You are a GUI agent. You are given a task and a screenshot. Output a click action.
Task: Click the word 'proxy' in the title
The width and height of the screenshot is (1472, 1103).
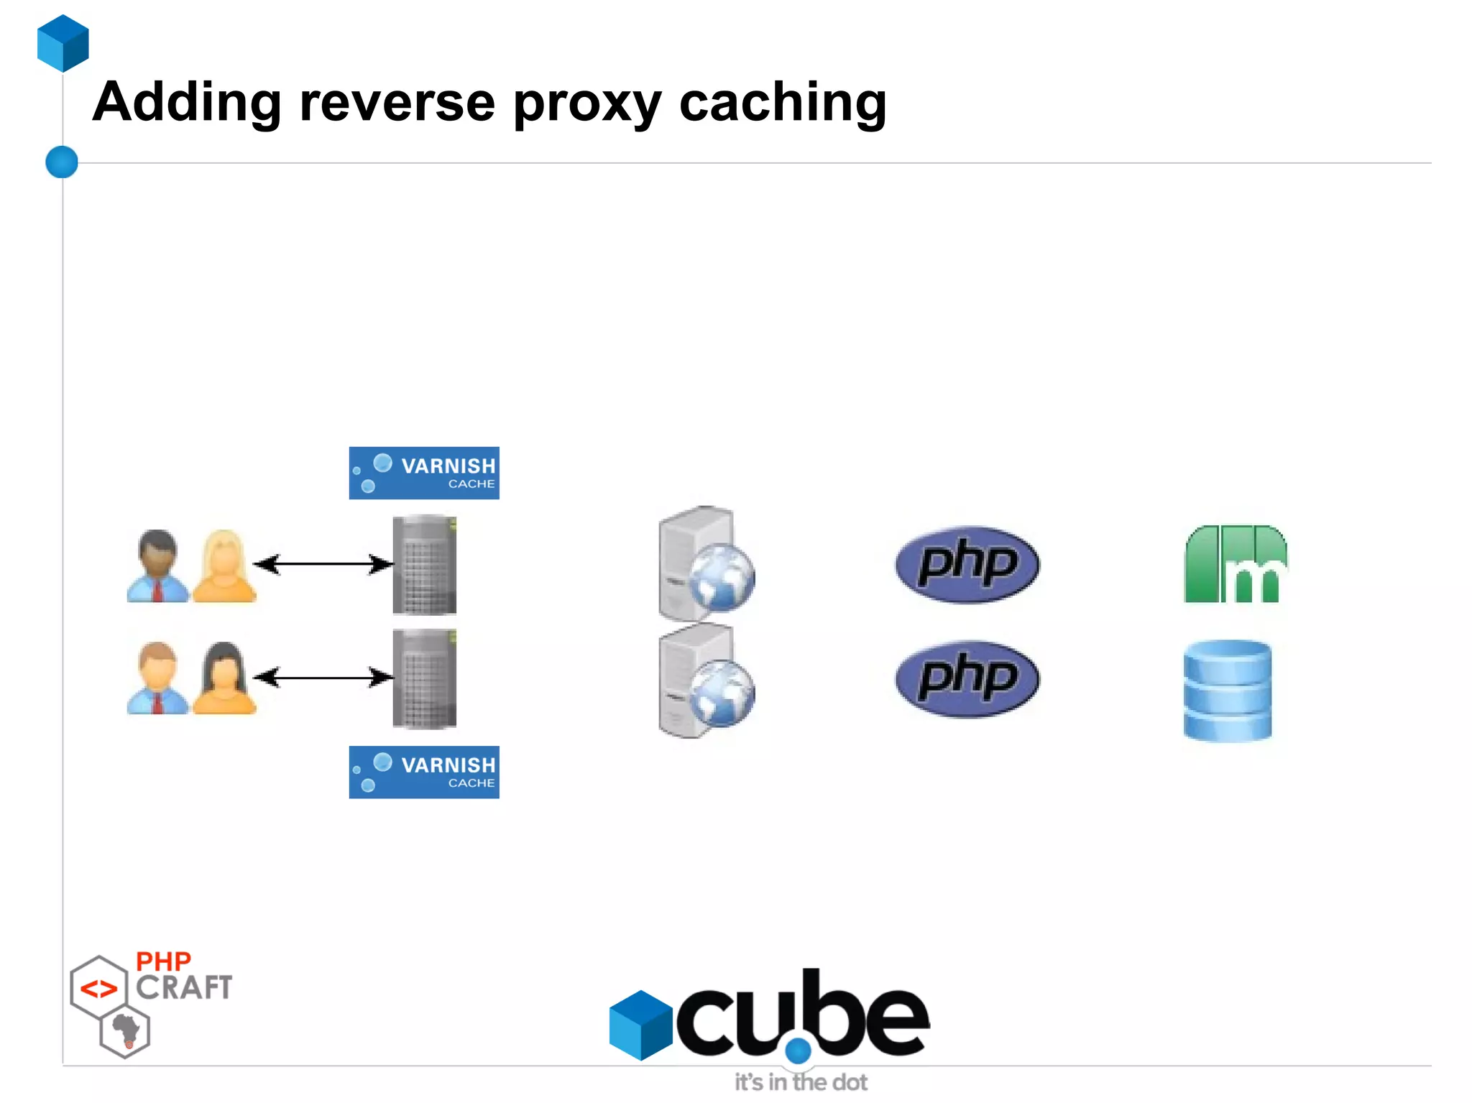(x=586, y=103)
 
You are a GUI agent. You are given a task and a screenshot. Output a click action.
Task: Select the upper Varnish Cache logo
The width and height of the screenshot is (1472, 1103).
(x=424, y=473)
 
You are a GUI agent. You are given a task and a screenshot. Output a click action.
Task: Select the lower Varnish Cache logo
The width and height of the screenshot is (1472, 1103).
(x=424, y=772)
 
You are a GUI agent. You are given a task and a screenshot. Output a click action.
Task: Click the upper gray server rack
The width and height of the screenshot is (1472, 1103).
(x=424, y=565)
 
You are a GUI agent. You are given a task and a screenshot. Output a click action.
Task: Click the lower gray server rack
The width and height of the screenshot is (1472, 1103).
(x=424, y=678)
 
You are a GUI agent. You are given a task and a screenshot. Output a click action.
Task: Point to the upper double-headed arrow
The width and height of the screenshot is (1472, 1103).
(x=323, y=564)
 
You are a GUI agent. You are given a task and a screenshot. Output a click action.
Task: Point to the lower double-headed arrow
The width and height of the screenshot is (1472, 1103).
(x=323, y=677)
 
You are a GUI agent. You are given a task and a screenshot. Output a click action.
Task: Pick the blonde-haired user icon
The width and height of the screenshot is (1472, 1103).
(x=224, y=566)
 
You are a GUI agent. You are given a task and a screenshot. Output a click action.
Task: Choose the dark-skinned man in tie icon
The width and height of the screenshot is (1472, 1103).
(x=157, y=566)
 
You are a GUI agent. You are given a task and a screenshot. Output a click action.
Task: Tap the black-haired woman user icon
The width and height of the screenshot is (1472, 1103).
(x=224, y=678)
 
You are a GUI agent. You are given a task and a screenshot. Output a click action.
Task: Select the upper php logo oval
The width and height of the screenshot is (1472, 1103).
(x=967, y=564)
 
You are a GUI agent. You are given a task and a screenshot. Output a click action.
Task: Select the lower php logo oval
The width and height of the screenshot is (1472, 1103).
(x=967, y=678)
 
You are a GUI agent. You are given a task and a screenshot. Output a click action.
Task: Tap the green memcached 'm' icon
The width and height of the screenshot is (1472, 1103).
(x=1235, y=564)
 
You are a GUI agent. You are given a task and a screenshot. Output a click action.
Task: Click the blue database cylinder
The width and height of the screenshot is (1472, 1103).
(x=1227, y=691)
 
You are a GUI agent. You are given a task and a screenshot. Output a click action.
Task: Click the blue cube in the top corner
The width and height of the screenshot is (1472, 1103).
(x=63, y=43)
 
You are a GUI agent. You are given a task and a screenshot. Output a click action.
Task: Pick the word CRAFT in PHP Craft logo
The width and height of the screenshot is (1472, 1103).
(x=184, y=987)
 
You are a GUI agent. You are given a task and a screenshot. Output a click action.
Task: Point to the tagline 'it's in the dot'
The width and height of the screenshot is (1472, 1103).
(x=801, y=1081)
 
